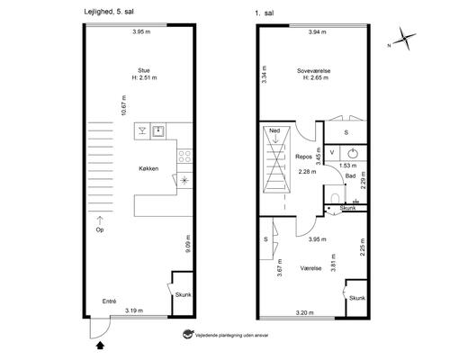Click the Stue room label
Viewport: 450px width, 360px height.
(144, 70)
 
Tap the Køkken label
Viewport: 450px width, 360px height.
(148, 168)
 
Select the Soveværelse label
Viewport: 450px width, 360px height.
(314, 71)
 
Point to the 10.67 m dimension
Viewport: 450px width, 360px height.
(123, 105)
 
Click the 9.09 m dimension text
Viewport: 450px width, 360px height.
(188, 244)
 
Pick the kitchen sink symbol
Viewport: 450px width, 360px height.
(157, 130)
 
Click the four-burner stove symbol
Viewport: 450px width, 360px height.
(184, 157)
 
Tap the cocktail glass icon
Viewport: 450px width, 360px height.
(142, 130)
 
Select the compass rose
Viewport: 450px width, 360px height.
(404, 39)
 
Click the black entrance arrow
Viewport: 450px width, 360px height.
(101, 346)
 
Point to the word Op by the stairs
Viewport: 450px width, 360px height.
(100, 229)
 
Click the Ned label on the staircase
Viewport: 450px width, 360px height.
(274, 130)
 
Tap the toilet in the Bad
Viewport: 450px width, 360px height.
(335, 198)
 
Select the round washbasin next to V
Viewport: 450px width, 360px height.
(353, 153)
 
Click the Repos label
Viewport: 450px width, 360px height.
(303, 157)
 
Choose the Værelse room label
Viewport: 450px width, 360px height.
(310, 268)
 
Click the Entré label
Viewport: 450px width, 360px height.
(109, 301)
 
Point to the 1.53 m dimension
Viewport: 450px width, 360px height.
(348, 166)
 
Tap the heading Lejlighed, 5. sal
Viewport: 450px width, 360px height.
(109, 12)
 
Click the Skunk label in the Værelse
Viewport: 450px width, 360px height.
(357, 298)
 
